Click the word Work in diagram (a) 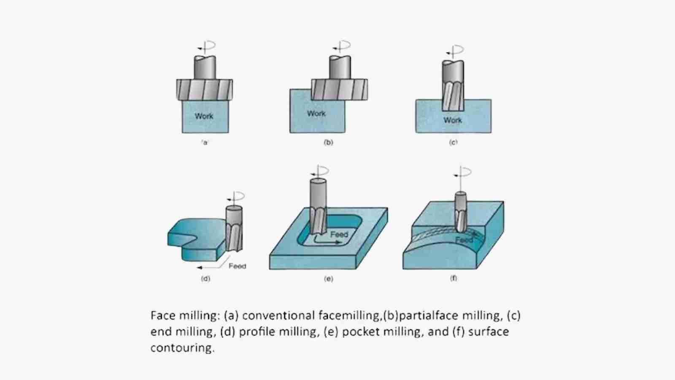coord(204,116)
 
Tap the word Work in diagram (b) coord(316,114)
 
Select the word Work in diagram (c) coord(452,120)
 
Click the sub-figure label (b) coord(328,142)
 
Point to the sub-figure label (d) coord(205,279)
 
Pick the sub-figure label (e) coord(328,279)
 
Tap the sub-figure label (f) coord(454,278)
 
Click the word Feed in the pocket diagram coord(339,234)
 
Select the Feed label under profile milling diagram coord(237,266)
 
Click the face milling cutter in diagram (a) coord(204,90)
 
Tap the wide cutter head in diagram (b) coord(339,90)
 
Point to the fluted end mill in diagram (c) coord(453,95)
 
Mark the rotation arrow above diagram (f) coord(463,173)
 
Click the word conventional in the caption coord(278,315)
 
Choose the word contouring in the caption coord(182,348)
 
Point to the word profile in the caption coord(258,331)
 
